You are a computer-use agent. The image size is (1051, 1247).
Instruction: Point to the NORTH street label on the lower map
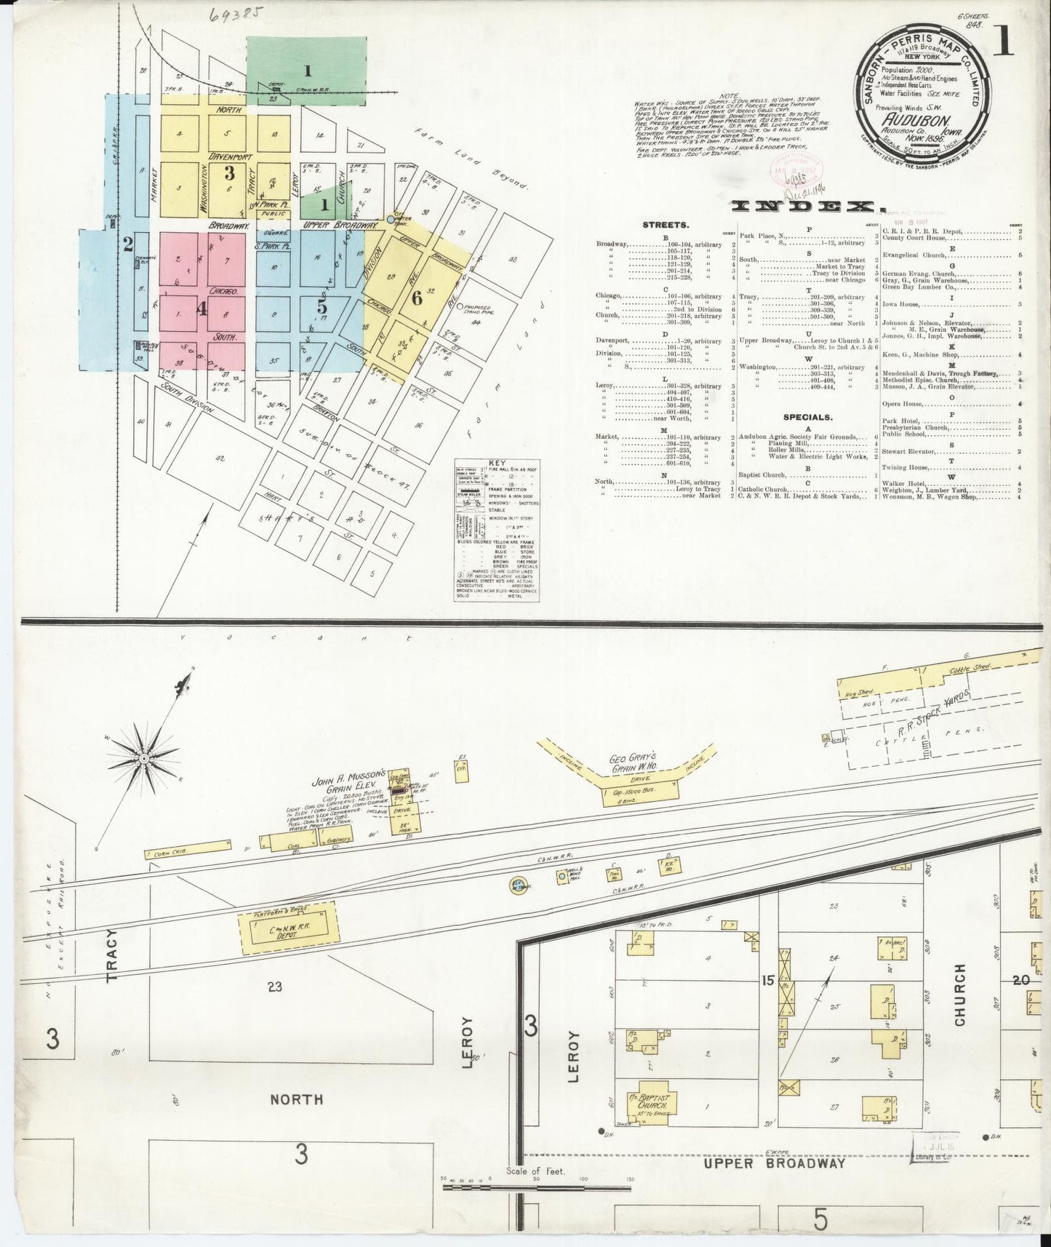pos(296,1099)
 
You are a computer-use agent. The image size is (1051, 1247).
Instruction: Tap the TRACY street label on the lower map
pos(112,956)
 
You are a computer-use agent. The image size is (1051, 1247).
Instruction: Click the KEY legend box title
pos(497,463)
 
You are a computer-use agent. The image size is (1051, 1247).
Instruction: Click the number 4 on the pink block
pos(201,308)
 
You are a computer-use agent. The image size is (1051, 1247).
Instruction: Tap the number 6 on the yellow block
pos(416,297)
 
